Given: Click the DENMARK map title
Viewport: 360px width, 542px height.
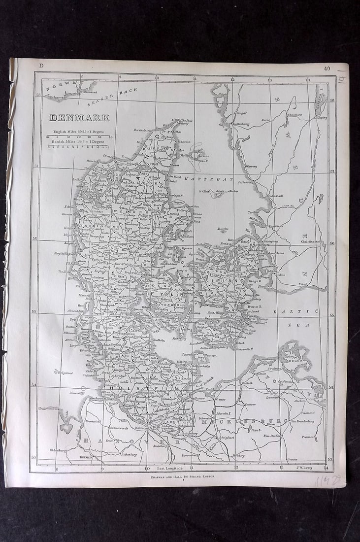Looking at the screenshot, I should pos(79,118).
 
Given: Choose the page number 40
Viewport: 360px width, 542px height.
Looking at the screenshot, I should pos(327,68).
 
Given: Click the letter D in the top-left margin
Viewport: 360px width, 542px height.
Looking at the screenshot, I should pos(42,66).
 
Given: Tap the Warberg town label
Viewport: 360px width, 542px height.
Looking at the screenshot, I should pos(250,166).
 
